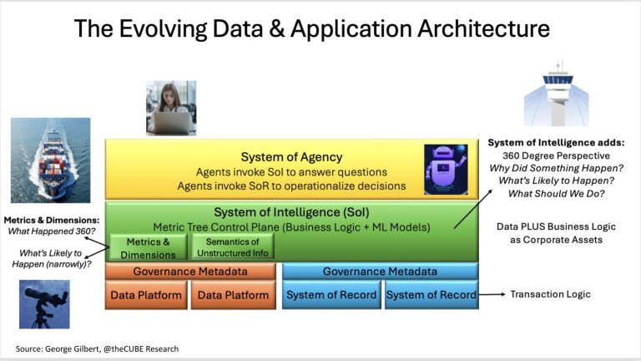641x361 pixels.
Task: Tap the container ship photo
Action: coord(50,160)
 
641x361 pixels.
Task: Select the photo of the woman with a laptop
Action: coord(171,108)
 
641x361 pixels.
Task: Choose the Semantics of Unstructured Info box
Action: coord(234,247)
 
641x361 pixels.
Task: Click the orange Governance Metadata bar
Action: coord(190,271)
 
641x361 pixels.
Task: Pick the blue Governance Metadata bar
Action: coord(380,271)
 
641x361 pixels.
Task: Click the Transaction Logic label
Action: coord(552,294)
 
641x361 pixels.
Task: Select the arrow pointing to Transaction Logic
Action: coord(493,294)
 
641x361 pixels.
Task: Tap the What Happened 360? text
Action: coord(52,231)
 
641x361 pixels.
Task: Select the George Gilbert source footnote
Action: coord(97,347)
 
